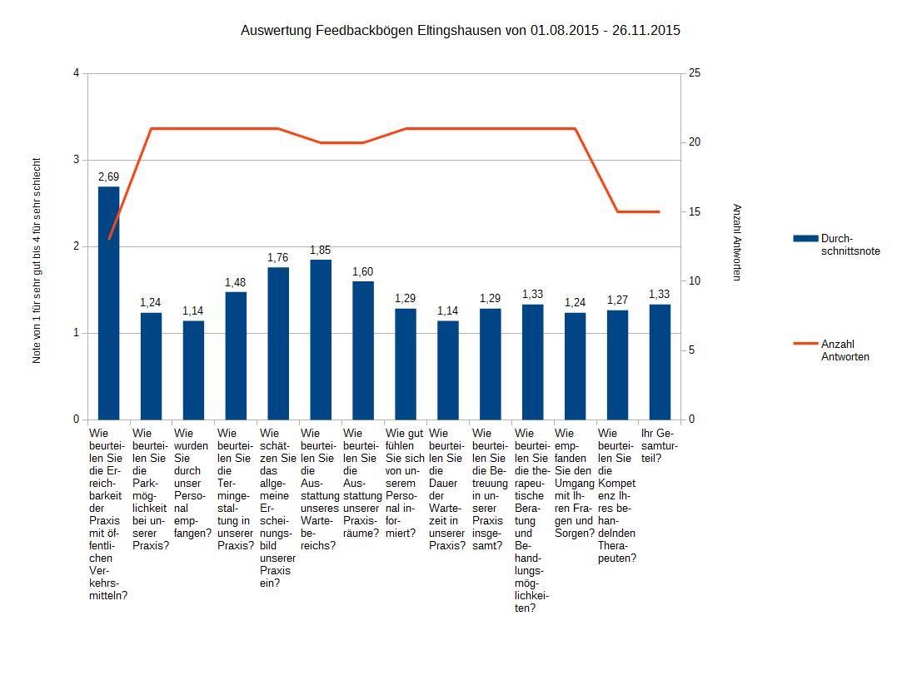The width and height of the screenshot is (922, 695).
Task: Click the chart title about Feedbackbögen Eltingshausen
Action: (x=460, y=32)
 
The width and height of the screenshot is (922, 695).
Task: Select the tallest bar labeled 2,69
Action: (x=109, y=303)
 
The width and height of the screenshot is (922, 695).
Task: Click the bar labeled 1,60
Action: (x=363, y=350)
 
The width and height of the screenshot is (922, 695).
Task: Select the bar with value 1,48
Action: (x=236, y=355)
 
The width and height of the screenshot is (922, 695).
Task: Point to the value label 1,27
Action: (x=617, y=300)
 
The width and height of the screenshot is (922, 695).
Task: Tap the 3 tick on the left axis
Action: (x=76, y=160)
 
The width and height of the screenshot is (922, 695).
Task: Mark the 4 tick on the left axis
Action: (x=76, y=73)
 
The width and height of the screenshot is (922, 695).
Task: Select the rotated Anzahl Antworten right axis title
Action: (x=736, y=242)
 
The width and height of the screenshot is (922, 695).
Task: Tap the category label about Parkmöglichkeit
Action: (x=150, y=489)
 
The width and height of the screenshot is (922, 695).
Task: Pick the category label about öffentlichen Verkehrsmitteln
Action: (x=108, y=514)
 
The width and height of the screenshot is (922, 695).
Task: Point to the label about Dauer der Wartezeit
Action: (x=446, y=489)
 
